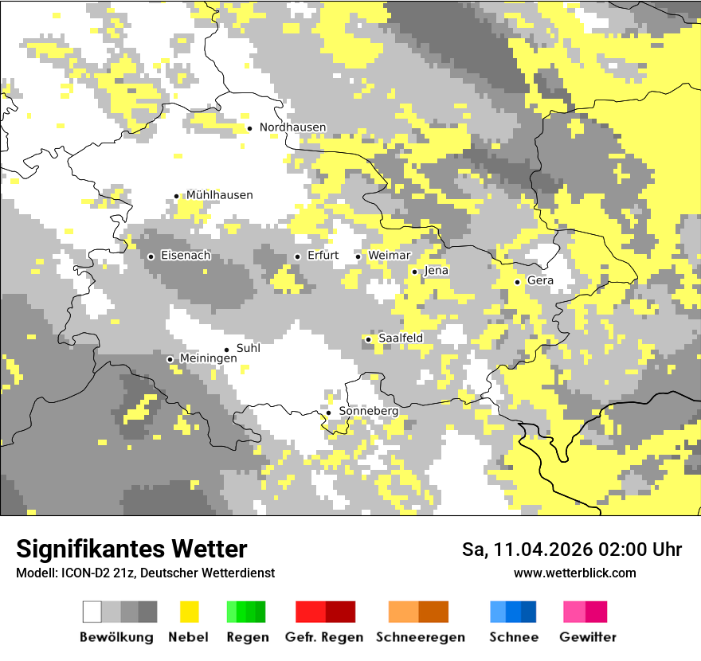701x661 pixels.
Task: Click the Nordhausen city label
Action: [x=292, y=127]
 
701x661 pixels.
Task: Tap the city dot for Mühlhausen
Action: [x=177, y=196]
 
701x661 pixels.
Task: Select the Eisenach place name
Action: [x=186, y=256]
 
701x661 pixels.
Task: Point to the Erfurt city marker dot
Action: [x=298, y=256]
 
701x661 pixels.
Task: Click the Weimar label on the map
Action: [x=389, y=256]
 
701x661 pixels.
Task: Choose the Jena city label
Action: [x=437, y=271]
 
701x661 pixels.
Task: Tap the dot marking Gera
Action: [x=518, y=282]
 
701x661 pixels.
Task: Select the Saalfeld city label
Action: [x=401, y=338]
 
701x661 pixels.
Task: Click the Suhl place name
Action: [x=249, y=348]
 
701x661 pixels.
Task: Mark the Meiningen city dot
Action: [x=170, y=359]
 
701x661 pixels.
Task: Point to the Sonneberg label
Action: [x=368, y=411]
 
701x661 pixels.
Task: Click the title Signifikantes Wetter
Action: [x=131, y=549]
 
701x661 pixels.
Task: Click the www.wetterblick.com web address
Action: [x=574, y=573]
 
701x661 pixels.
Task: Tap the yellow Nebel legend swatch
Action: [x=190, y=612]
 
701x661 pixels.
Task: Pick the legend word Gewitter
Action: [x=587, y=637]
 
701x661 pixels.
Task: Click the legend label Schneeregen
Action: [x=421, y=637]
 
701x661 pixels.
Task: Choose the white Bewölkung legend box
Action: [x=92, y=612]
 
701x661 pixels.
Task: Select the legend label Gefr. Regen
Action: [x=324, y=637]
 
